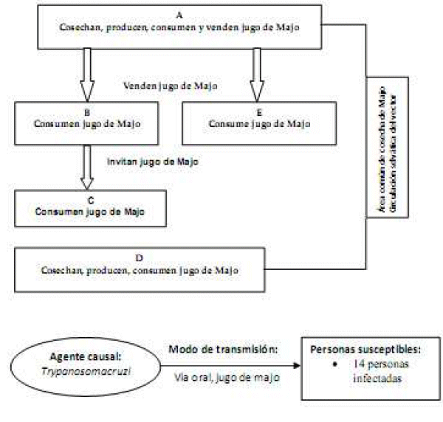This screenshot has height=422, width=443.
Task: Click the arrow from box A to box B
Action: tap(86, 73)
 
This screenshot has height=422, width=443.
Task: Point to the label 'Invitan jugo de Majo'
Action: tap(151, 160)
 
